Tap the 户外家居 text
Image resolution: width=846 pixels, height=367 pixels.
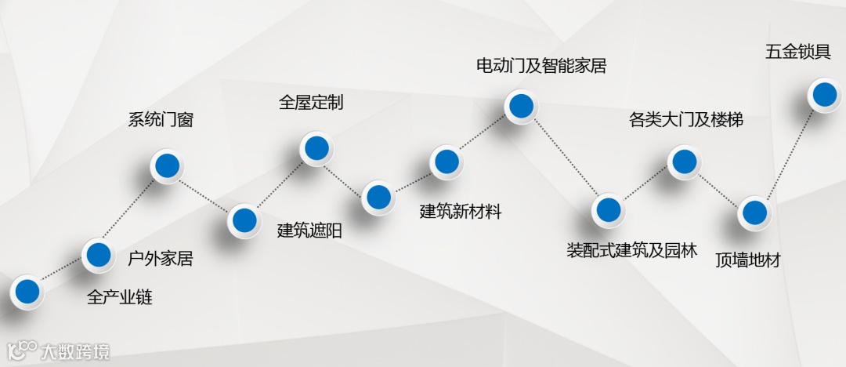point(160,258)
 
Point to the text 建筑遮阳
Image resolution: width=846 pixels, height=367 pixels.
point(310,231)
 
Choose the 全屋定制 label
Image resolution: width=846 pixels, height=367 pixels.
point(311,103)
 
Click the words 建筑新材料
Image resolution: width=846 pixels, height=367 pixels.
point(461,212)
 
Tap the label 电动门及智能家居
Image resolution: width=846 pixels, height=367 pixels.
point(541,66)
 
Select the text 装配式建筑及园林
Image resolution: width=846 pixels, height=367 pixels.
point(631,251)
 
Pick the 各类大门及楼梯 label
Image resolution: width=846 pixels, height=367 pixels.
point(686,120)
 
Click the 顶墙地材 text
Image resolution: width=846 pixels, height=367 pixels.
point(748,260)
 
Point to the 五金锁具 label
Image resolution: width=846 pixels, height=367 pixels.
point(797,53)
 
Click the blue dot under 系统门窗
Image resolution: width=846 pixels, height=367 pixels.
point(167,165)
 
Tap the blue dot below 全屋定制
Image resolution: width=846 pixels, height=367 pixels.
point(316,147)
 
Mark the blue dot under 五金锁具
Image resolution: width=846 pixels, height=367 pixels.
point(823,94)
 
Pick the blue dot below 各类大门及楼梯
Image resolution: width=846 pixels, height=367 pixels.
point(682,162)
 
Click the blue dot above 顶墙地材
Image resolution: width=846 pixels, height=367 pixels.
point(754,212)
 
